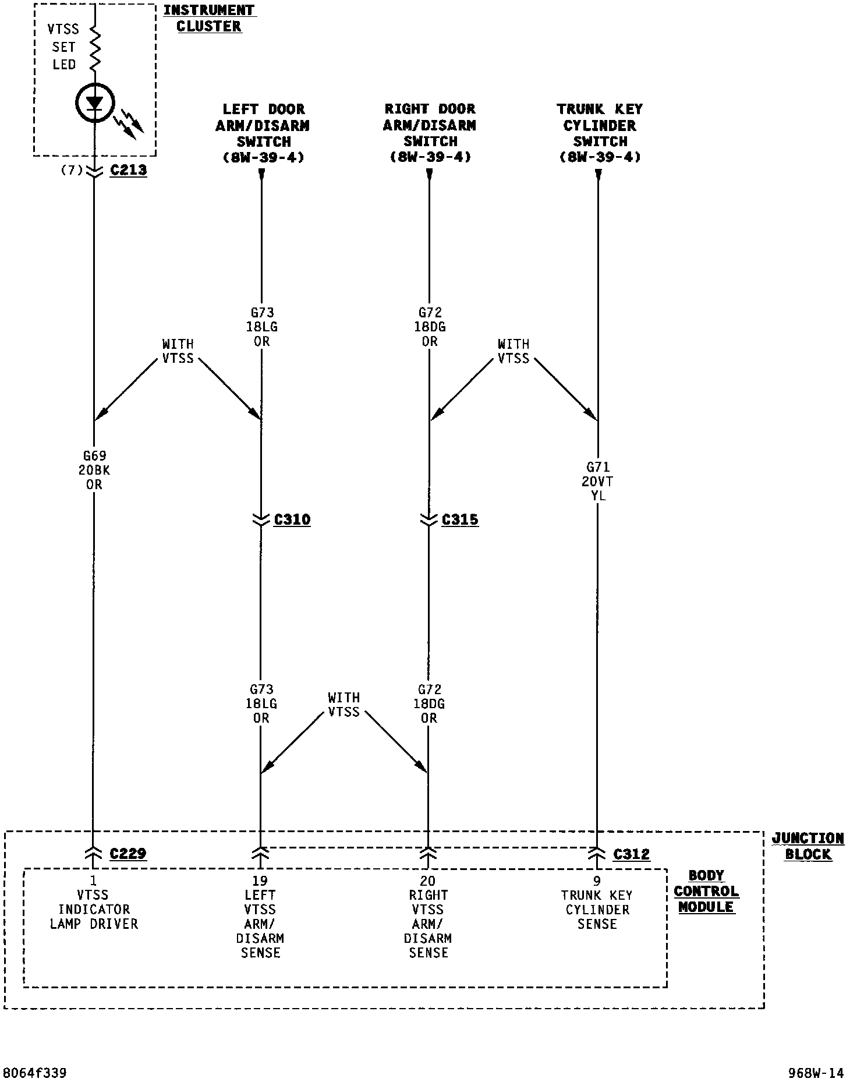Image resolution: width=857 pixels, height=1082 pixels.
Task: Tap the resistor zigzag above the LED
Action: click(x=94, y=49)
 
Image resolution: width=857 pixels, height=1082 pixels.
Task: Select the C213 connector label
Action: click(x=128, y=171)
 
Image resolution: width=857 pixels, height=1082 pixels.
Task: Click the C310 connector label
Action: click(x=292, y=519)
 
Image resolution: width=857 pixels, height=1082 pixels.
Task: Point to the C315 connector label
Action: click(x=460, y=519)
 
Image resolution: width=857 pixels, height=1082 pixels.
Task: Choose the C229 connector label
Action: click(x=128, y=854)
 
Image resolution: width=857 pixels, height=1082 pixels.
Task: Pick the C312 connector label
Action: click(x=631, y=854)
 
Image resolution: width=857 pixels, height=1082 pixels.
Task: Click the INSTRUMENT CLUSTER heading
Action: click(x=209, y=18)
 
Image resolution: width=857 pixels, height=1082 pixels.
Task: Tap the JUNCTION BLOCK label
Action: click(x=808, y=846)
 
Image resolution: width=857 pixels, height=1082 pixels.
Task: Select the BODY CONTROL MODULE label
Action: click(x=706, y=891)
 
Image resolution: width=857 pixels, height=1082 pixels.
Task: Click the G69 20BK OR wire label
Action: click(x=94, y=470)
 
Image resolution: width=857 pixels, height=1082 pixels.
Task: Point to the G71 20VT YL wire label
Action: click(x=598, y=481)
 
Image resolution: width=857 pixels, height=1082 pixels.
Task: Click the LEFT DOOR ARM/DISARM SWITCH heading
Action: click(x=263, y=133)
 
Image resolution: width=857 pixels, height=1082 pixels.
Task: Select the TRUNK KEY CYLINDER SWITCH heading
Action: click(x=600, y=133)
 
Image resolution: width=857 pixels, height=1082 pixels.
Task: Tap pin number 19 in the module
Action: click(x=260, y=881)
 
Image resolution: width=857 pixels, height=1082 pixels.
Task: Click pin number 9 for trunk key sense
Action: click(x=596, y=881)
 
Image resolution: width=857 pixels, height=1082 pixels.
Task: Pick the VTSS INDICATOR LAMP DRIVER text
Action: click(x=94, y=909)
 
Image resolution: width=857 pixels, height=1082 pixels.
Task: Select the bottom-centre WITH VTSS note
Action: click(x=343, y=705)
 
